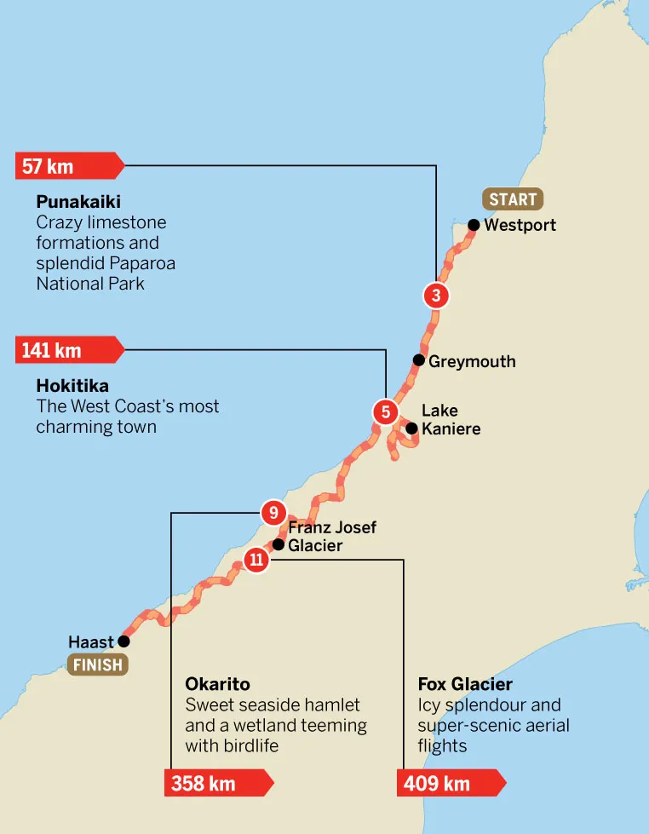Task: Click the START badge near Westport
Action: (513, 199)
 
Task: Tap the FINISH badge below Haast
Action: (98, 664)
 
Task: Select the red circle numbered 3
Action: (435, 296)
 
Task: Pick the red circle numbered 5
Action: (385, 412)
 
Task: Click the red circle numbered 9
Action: (273, 513)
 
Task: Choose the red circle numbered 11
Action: (256, 560)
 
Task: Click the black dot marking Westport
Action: (473, 226)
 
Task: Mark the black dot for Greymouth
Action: (418, 360)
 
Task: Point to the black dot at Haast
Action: (123, 641)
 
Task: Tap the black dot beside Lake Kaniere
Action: (411, 429)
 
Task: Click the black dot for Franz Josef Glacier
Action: (278, 544)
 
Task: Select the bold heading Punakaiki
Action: (78, 202)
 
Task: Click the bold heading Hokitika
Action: (72, 386)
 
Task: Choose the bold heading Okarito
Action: (217, 684)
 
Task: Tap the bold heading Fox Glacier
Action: (465, 684)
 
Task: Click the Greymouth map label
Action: (472, 361)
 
